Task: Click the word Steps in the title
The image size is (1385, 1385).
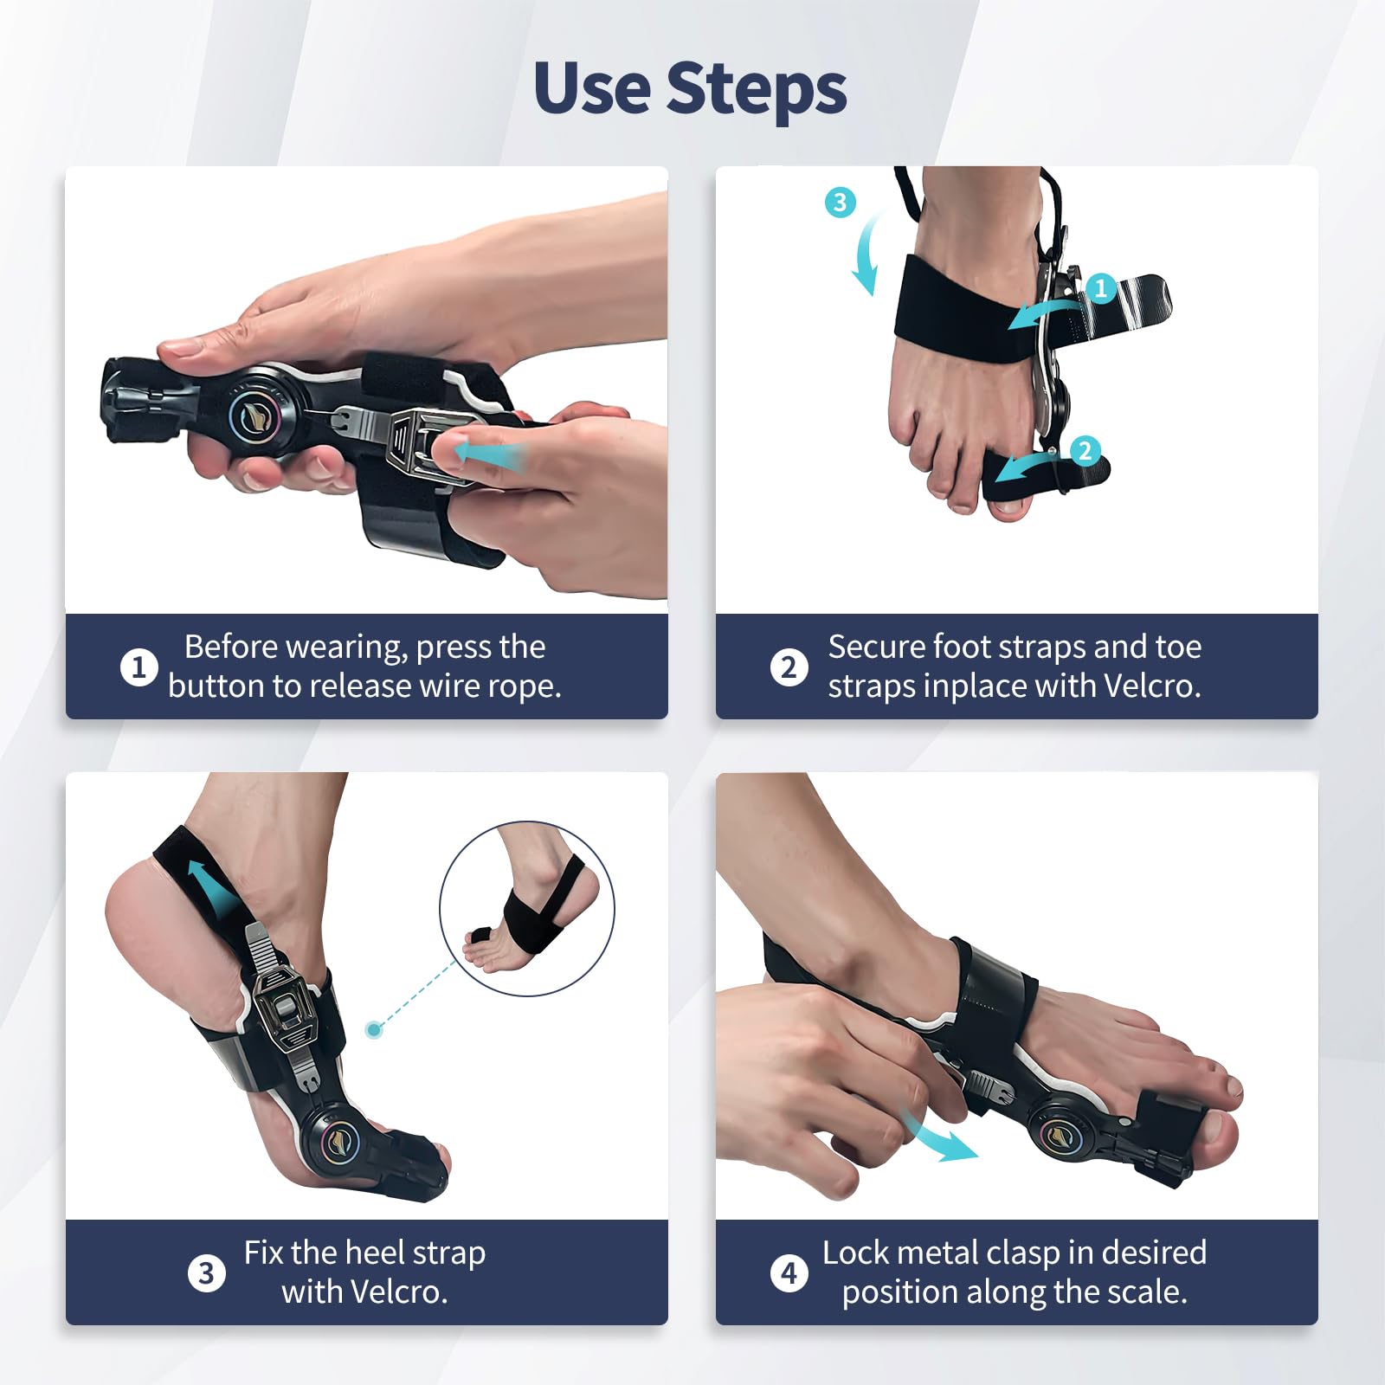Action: [757, 90]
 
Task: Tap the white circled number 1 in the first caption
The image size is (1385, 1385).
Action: [138, 667]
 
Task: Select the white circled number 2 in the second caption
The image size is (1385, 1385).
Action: [789, 667]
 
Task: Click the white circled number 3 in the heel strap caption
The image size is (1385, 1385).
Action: [206, 1273]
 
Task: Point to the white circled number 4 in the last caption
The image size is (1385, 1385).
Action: [789, 1273]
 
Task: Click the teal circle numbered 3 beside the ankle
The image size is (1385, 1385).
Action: [840, 203]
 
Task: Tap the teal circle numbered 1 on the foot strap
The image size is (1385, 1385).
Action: [1101, 287]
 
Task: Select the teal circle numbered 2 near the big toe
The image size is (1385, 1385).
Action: [1085, 450]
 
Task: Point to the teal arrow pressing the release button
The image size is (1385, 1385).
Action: [488, 454]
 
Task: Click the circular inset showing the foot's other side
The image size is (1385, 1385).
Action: [527, 908]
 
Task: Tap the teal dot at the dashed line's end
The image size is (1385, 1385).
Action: [374, 1029]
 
